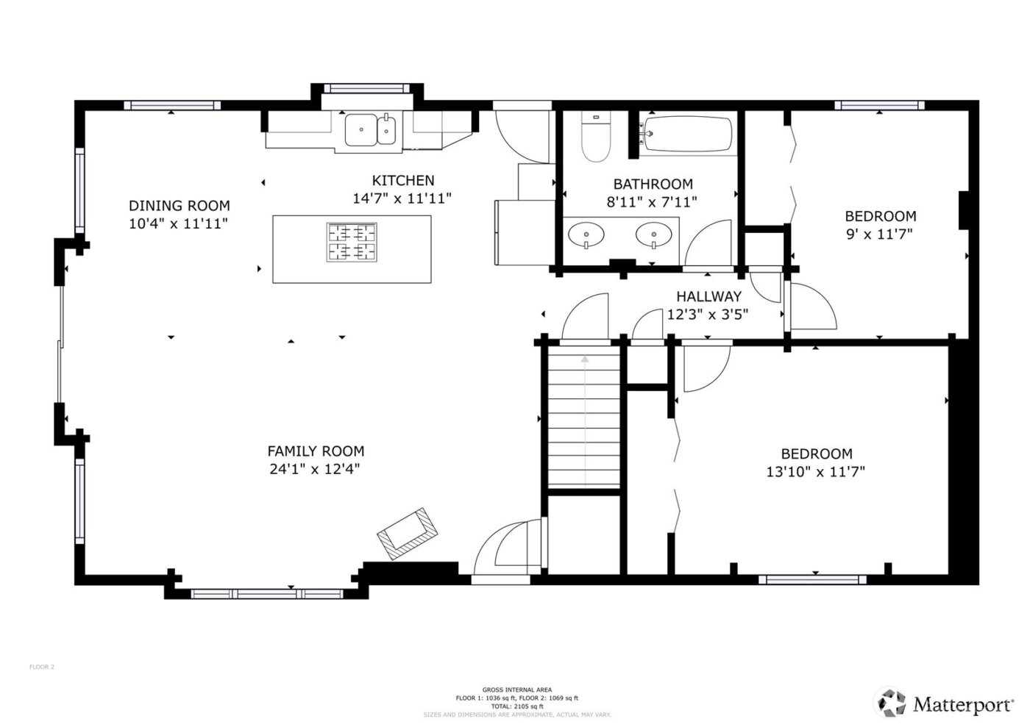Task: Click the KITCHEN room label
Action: (402, 181)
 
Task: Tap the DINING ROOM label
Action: (179, 206)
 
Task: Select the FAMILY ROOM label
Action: (315, 451)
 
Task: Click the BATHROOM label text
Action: (653, 185)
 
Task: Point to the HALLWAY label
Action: (708, 297)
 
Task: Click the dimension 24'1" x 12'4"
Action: (315, 469)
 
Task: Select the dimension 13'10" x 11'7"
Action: (815, 472)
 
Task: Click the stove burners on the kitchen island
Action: (352, 243)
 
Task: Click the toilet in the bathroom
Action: (595, 137)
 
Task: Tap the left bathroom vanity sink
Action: (586, 235)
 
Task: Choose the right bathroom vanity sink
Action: (653, 235)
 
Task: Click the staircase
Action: (584, 419)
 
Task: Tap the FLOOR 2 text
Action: (42, 667)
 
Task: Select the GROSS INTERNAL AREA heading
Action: (516, 690)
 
